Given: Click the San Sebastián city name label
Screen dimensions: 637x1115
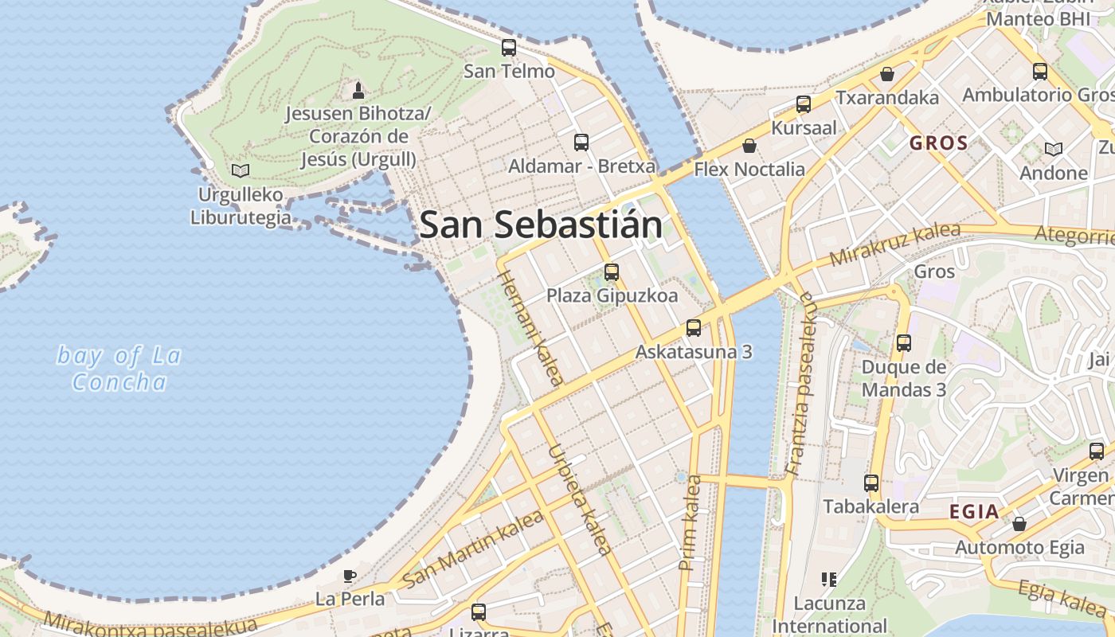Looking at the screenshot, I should click(x=541, y=225).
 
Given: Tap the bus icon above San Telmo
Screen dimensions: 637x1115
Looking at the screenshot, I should click(x=509, y=48).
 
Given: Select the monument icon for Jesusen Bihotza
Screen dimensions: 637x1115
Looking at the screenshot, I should click(x=358, y=90).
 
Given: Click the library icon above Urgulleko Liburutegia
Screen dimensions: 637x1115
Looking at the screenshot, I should click(x=240, y=170).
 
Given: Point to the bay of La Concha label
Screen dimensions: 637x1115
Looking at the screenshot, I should click(x=119, y=369).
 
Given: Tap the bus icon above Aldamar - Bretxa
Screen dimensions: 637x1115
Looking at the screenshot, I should click(x=581, y=143).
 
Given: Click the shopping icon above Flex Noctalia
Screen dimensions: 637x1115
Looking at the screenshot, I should click(x=749, y=146).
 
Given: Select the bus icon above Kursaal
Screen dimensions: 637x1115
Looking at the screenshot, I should click(x=804, y=104).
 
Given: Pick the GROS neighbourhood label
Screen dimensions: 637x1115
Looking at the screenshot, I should click(x=939, y=144).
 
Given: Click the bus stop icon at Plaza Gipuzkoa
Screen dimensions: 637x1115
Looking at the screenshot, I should click(x=612, y=272).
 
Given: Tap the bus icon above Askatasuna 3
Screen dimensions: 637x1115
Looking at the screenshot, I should click(x=694, y=328).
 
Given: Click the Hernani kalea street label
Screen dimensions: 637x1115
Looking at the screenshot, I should click(x=530, y=326).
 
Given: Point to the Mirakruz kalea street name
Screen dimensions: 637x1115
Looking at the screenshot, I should click(x=894, y=244).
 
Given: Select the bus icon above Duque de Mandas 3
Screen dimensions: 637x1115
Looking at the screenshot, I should click(x=904, y=343).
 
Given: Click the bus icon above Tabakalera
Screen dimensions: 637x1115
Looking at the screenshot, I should click(x=871, y=483).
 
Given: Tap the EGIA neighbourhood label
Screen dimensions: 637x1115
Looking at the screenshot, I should click(x=974, y=512).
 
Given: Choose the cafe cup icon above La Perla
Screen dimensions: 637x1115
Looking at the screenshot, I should click(x=349, y=576).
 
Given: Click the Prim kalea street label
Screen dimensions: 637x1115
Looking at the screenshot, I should click(x=690, y=522).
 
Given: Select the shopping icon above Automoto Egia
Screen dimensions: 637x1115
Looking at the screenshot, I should click(x=1019, y=524).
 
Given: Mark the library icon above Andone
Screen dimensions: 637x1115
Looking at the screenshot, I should click(x=1054, y=149).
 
